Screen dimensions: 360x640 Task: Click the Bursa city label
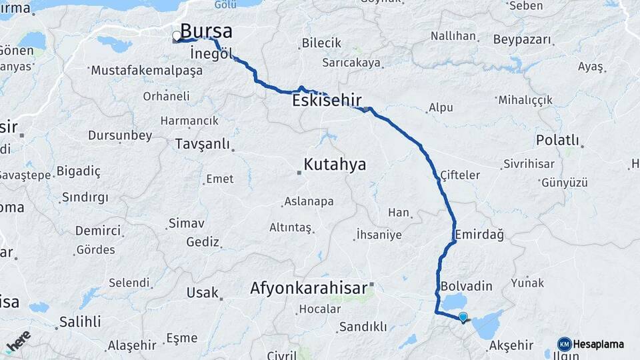click(x=207, y=31)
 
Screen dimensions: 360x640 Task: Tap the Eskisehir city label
click(x=327, y=101)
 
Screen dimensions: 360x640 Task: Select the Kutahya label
click(x=335, y=164)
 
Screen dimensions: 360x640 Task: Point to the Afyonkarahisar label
click(x=309, y=289)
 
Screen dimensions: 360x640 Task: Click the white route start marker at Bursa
click(x=177, y=36)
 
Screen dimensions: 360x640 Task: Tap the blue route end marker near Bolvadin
click(x=463, y=317)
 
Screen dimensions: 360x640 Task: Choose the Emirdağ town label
click(x=479, y=235)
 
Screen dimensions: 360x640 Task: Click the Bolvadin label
click(x=466, y=286)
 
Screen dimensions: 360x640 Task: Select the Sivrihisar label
click(x=529, y=163)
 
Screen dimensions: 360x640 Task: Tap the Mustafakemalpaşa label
click(x=146, y=70)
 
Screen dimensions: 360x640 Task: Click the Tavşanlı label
click(x=202, y=144)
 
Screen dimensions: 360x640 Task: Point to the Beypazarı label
click(x=523, y=39)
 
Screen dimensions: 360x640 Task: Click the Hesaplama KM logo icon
click(x=564, y=344)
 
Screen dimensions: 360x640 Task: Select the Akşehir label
click(x=511, y=345)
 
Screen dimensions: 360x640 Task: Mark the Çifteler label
click(x=460, y=175)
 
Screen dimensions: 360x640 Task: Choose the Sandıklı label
click(x=363, y=327)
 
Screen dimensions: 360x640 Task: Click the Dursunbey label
click(x=120, y=135)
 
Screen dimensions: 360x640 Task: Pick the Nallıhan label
click(x=453, y=35)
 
